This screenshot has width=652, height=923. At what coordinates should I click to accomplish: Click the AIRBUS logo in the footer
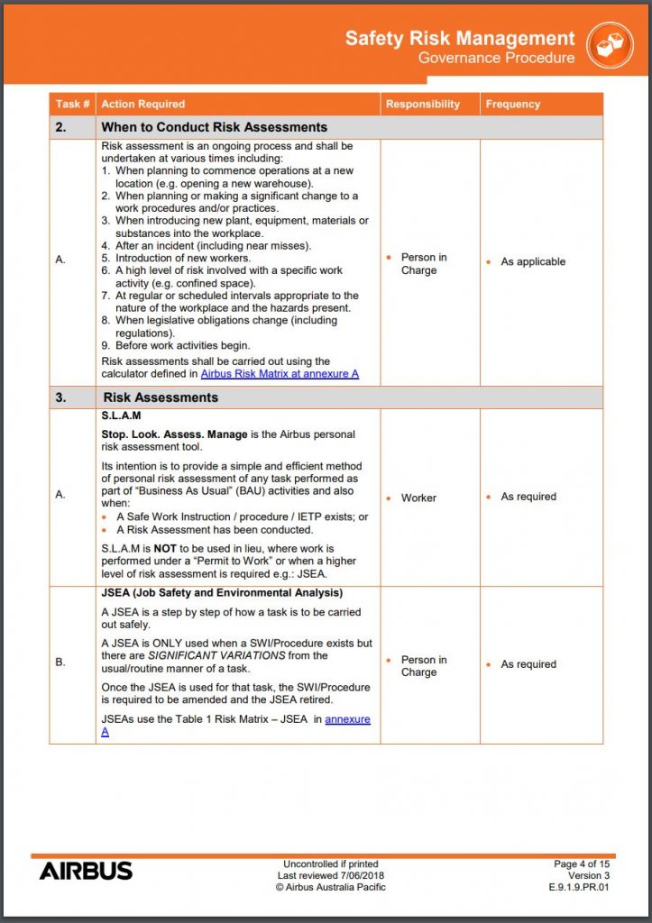tap(86, 871)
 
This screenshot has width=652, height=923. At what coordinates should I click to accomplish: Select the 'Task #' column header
tap(72, 105)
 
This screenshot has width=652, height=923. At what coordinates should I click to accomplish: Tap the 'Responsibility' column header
tap(423, 105)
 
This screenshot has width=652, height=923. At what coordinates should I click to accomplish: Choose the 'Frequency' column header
tap(513, 105)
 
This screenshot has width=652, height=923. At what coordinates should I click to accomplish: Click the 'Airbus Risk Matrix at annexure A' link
tap(280, 373)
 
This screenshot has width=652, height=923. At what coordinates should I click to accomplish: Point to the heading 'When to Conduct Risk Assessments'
tap(214, 127)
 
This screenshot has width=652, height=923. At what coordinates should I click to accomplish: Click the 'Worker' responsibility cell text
tap(418, 498)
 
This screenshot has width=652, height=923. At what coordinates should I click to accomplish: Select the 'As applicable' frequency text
tap(533, 261)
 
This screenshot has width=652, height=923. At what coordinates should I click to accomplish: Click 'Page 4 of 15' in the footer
tap(582, 864)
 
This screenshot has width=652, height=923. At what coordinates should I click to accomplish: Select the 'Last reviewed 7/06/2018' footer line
tap(330, 875)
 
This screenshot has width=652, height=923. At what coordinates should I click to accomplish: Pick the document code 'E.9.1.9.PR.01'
tap(579, 887)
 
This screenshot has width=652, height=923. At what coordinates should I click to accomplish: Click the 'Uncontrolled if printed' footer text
tap(330, 864)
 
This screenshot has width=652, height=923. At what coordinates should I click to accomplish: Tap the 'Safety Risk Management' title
tap(460, 39)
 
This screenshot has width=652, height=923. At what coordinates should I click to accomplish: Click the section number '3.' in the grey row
tap(60, 397)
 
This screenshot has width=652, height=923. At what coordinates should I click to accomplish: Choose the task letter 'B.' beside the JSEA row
tap(60, 663)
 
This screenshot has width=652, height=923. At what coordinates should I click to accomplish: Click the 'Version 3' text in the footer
tap(589, 875)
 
